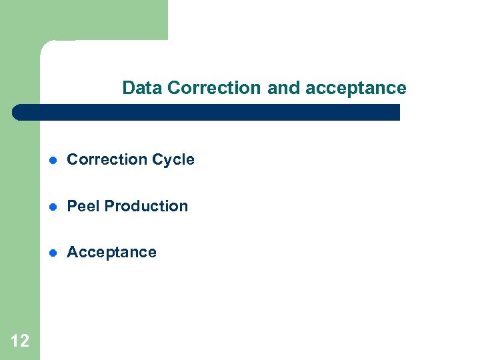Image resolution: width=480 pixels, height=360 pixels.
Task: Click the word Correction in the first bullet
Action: [x=107, y=160]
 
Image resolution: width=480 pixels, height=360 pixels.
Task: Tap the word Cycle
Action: [x=173, y=160]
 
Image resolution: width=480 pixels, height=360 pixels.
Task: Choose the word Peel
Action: [x=83, y=206]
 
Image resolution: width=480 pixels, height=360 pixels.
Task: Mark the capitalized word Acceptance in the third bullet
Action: [x=112, y=253]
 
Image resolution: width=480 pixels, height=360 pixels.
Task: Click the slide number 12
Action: [x=20, y=341]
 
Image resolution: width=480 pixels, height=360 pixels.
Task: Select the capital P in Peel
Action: [x=72, y=206]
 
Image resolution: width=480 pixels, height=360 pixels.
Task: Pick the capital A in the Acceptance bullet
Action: [x=72, y=253]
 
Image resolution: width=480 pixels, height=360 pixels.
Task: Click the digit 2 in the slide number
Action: [x=24, y=341]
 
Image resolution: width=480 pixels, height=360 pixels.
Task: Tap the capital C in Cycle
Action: [x=157, y=160]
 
